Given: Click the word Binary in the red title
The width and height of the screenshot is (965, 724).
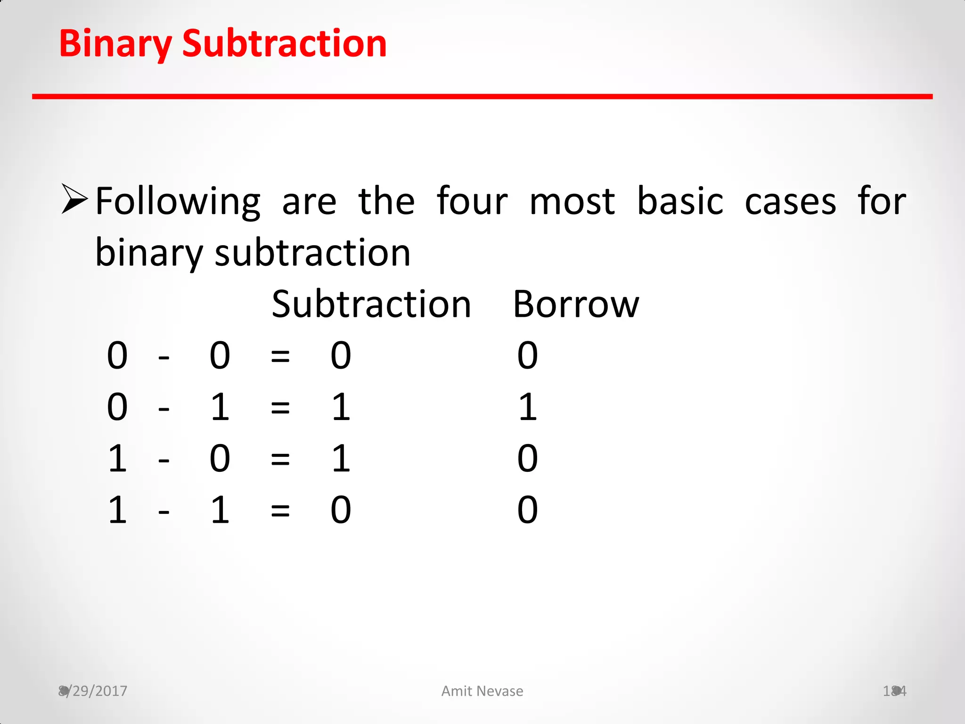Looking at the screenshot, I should click(115, 44).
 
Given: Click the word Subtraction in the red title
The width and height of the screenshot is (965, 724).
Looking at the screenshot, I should click(284, 43).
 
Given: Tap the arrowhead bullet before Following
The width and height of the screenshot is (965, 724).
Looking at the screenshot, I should click(74, 199).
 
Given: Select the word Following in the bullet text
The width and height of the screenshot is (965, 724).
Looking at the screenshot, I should click(178, 202).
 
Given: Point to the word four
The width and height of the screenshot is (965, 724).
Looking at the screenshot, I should click(472, 201).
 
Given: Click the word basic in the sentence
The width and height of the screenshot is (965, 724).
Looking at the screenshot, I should click(679, 201).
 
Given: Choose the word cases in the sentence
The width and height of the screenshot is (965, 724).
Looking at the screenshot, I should click(790, 202).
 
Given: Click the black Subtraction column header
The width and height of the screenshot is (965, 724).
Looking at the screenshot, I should click(371, 304).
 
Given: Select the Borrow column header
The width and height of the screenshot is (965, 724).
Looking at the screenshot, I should click(575, 304).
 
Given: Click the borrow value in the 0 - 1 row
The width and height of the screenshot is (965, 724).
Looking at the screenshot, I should click(528, 407).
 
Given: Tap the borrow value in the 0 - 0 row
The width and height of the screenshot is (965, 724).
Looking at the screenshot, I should click(527, 355).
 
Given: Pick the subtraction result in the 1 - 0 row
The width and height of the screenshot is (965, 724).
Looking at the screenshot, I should click(341, 458).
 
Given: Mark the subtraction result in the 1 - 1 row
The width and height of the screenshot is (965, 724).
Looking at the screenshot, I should click(341, 510).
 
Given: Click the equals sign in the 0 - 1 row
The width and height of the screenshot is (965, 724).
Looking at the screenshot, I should click(280, 408).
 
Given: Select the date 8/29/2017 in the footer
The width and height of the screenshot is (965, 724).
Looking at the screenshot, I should click(93, 691).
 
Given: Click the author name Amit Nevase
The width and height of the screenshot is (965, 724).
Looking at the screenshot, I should click(482, 691).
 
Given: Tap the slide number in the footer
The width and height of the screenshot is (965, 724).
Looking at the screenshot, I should click(894, 691).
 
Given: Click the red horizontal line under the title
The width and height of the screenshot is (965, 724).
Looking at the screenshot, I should click(482, 97).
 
